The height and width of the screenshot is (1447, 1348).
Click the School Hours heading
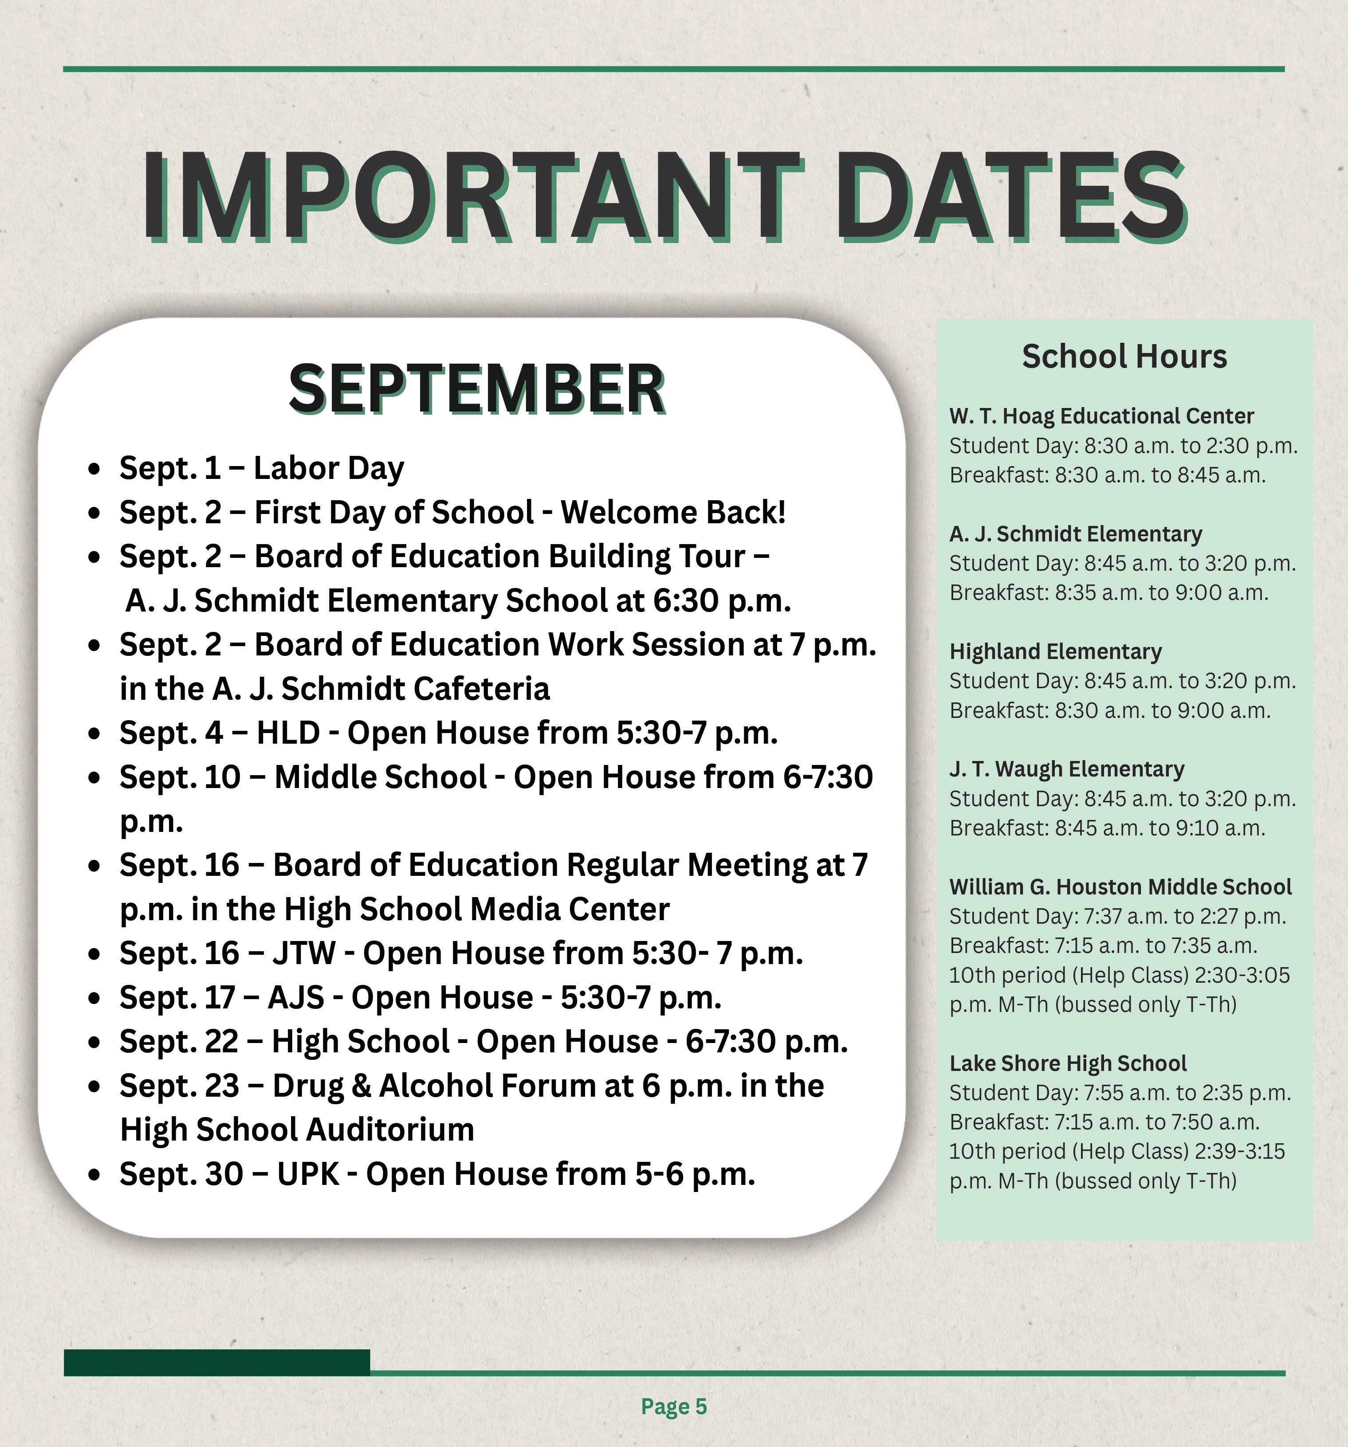point(1124,357)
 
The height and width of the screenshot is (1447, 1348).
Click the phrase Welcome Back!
point(673,513)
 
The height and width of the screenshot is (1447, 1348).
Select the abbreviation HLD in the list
point(288,733)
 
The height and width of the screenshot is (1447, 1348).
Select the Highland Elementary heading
point(1055,651)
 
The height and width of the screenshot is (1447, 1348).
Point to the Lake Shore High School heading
point(1068,1063)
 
